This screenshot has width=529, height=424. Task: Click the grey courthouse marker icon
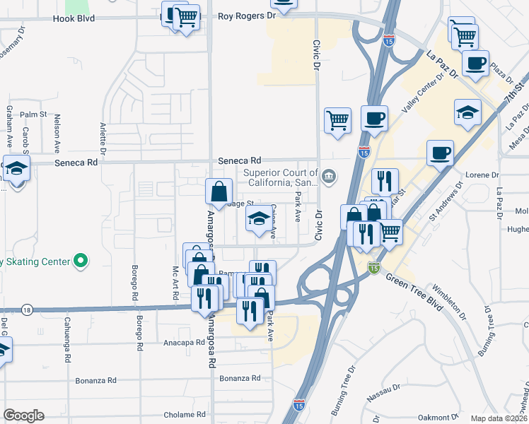coord(328,175)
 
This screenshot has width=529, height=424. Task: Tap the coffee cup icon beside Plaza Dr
coord(475,62)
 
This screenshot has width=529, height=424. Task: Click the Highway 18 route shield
coord(27,310)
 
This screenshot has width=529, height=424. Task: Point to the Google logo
coord(23,415)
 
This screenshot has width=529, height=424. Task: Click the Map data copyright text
coord(499,418)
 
